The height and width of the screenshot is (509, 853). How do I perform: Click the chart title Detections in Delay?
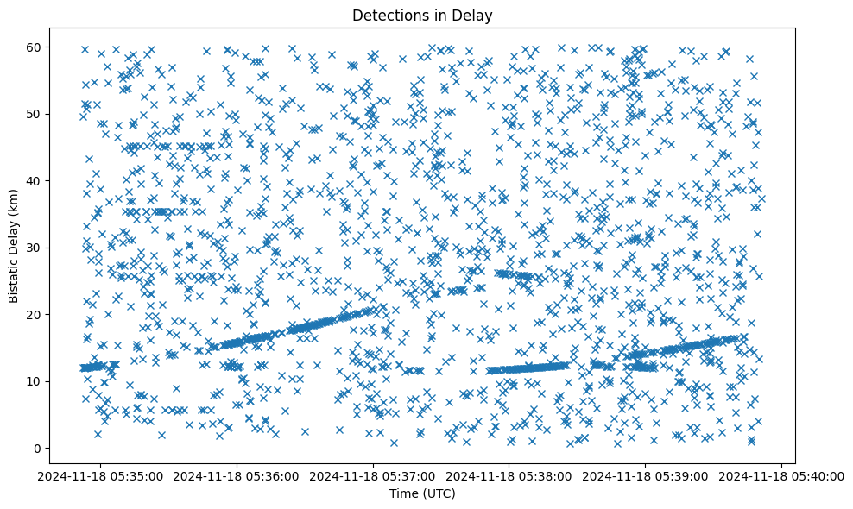pyautogui.click(x=422, y=15)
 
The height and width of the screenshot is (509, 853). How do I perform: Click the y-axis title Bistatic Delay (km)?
pyautogui.click(x=15, y=245)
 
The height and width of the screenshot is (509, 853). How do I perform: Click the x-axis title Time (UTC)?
pyautogui.click(x=422, y=493)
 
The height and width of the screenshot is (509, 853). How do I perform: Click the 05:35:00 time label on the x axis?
pyautogui.click(x=100, y=475)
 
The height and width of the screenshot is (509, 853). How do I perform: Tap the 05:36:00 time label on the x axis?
pyautogui.click(x=237, y=475)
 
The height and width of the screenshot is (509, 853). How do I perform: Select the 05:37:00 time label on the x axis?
pyautogui.click(x=373, y=475)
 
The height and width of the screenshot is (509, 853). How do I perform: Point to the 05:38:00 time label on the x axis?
pyautogui.click(x=509, y=475)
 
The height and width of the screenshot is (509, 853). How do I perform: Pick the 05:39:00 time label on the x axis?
pyautogui.click(x=646, y=475)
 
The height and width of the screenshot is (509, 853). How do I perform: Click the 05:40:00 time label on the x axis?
pyautogui.click(x=782, y=475)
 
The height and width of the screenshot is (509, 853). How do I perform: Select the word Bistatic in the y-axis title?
pyautogui.click(x=15, y=280)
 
